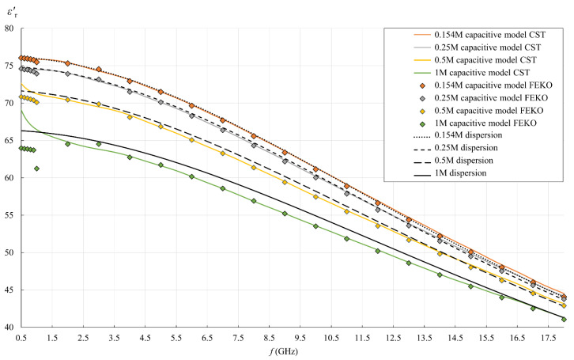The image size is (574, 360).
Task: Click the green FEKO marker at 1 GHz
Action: [36, 169]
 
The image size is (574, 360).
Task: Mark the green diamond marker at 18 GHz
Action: [564, 319]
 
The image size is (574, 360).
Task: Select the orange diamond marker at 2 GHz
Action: [67, 63]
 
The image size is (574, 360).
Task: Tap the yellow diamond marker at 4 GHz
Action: [130, 117]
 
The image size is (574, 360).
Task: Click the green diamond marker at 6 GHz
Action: [191, 176]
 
